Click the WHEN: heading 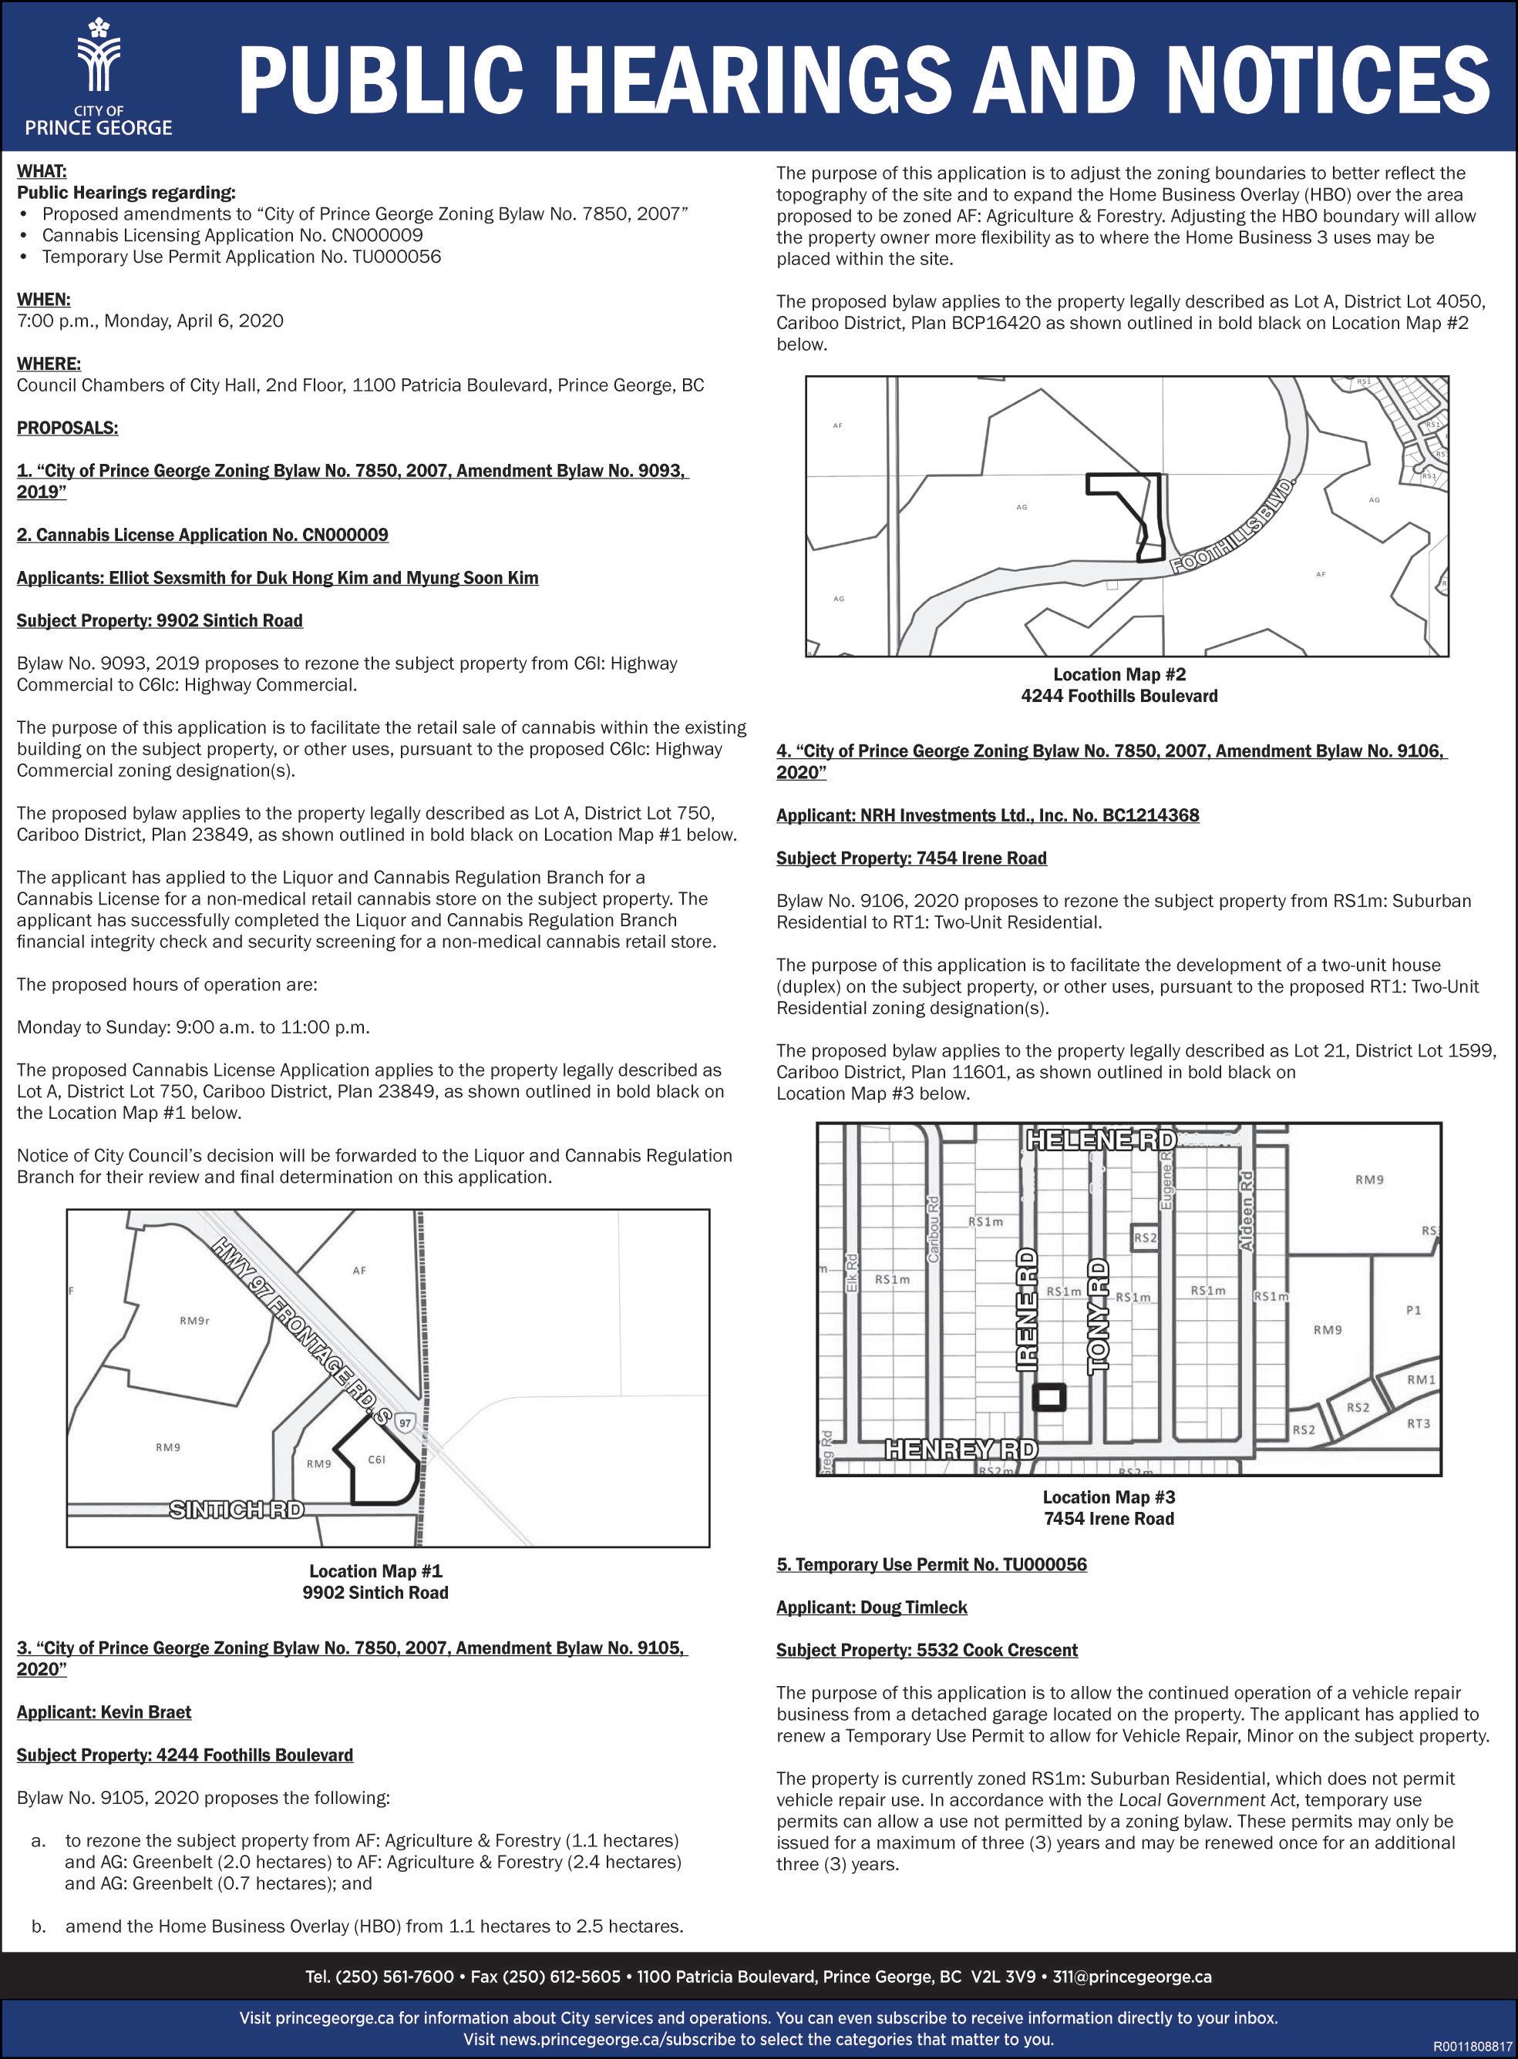[43, 300]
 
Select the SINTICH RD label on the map [236, 1509]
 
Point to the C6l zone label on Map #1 [375, 1459]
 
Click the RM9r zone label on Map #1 [195, 1322]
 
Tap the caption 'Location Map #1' [375, 1571]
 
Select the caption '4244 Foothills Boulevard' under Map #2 [1119, 696]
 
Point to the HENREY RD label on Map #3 [961, 1449]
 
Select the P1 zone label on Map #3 [1413, 1311]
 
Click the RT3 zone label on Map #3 [1419, 1423]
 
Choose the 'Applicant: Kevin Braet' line [104, 1712]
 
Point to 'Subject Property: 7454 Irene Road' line [910, 858]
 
